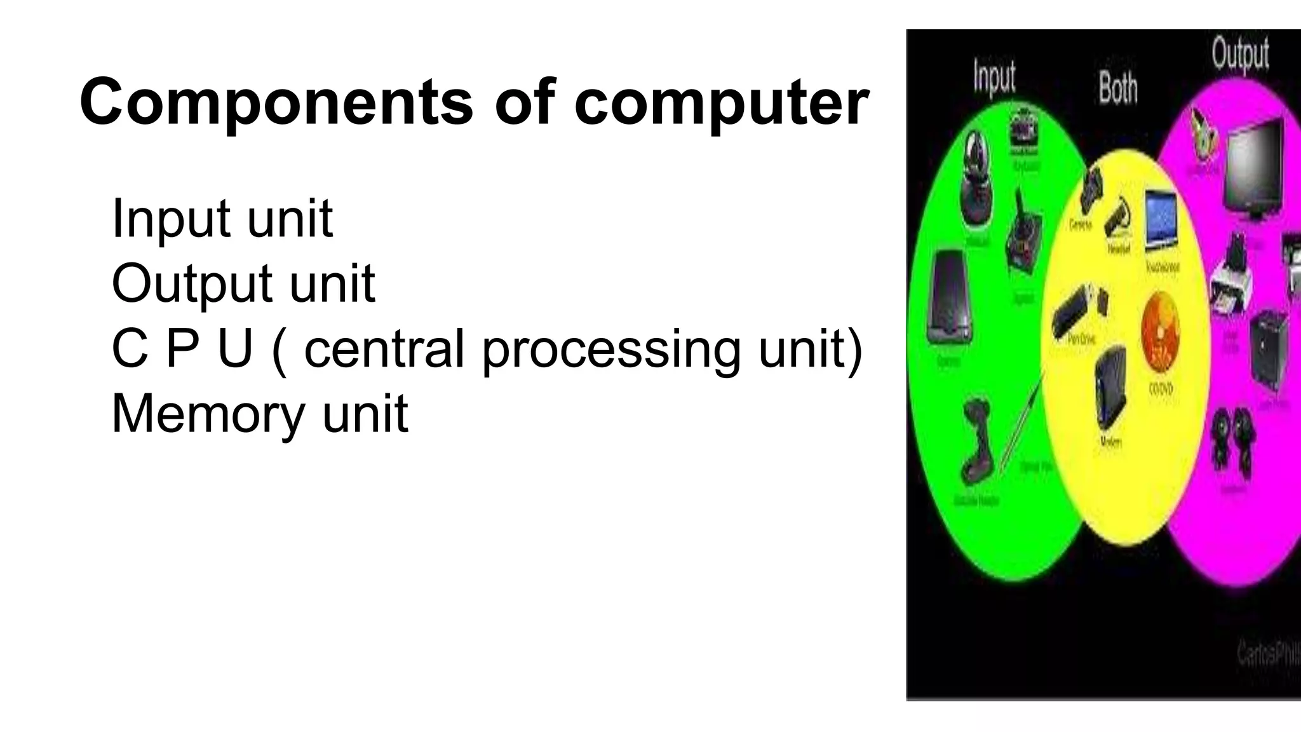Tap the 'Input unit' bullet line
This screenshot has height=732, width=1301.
point(222,219)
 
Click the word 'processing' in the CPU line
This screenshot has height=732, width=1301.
point(610,349)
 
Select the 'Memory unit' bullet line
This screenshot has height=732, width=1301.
point(259,414)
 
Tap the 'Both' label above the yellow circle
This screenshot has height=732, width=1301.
point(1118,88)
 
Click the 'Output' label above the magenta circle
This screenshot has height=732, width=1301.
point(1240,53)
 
